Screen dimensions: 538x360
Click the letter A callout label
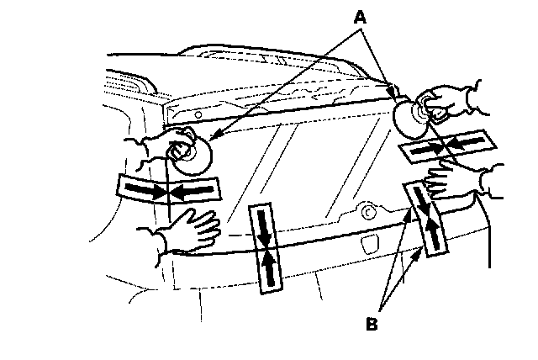click(x=361, y=14)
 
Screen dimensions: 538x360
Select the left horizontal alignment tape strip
click(x=169, y=191)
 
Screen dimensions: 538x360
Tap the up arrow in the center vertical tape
click(x=267, y=267)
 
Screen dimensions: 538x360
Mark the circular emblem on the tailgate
click(x=367, y=212)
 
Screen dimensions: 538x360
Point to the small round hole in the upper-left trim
click(x=197, y=114)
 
